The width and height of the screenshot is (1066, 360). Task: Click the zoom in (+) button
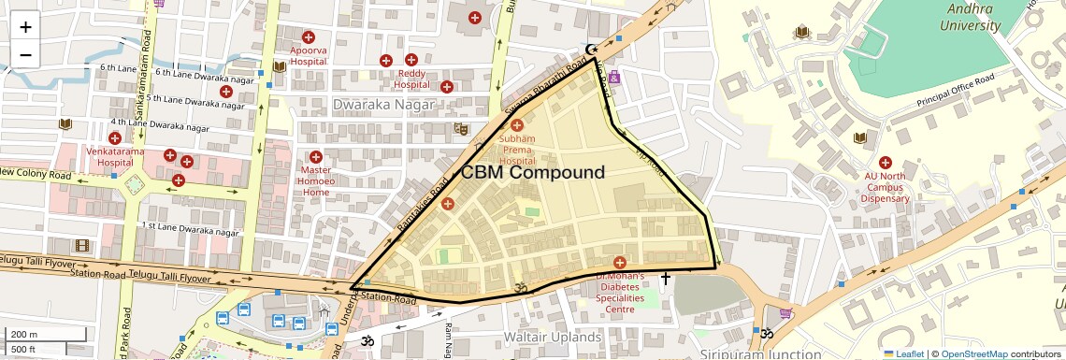pyautogui.click(x=25, y=26)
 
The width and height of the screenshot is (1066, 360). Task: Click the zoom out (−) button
pyautogui.click(x=25, y=53)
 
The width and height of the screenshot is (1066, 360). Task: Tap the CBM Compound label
pyautogui.click(x=533, y=173)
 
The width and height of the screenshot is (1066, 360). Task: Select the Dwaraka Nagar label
pyautogui.click(x=383, y=105)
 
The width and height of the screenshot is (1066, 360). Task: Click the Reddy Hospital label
pyautogui.click(x=411, y=79)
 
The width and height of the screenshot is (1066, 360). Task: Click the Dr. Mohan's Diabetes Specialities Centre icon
pyautogui.click(x=619, y=262)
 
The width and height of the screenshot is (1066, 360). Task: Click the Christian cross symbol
pyautogui.click(x=666, y=279)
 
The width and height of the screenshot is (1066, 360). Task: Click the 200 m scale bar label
pyautogui.click(x=25, y=334)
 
